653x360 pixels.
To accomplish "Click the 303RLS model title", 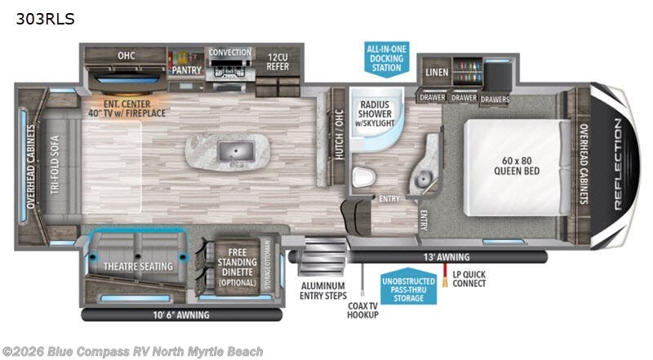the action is tap(45, 19).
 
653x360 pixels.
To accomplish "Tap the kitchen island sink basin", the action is tap(236, 152).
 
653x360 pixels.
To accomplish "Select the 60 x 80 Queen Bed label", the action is tap(517, 166).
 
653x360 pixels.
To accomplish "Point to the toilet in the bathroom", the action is tap(363, 176).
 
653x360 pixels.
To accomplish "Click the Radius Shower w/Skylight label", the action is tap(375, 113).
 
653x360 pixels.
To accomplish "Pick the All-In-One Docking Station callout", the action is tap(386, 58).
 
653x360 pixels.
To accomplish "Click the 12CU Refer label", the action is tap(278, 62).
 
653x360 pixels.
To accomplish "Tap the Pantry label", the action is tap(186, 70).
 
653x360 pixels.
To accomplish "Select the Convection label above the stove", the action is tap(230, 52).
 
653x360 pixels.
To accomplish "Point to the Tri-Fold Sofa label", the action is tap(55, 165).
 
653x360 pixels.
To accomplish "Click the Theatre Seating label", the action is tap(138, 266).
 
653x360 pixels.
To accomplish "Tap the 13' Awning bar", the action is tap(446, 257).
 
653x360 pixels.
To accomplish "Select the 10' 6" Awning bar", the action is tap(181, 315).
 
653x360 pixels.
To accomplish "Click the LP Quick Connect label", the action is tap(469, 278).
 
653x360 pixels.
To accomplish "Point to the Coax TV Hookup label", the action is tap(362, 310).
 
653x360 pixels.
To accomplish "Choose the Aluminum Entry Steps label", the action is tap(323, 291).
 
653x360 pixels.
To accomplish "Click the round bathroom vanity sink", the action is tap(423, 180).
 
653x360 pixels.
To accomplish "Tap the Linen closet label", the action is tap(437, 72).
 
